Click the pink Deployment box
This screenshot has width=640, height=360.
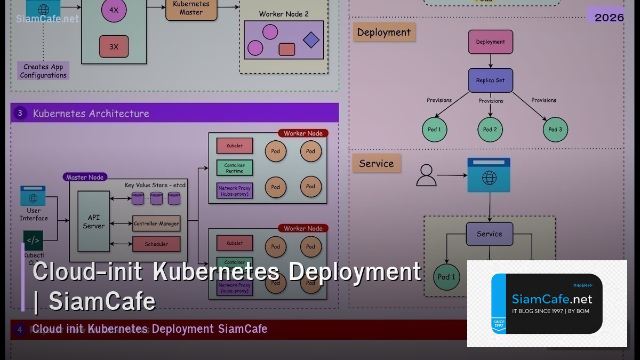tap(490, 42)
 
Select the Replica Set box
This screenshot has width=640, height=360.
tap(490, 81)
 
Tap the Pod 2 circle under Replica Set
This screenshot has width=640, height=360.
tap(490, 130)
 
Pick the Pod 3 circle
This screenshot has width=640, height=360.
tap(555, 130)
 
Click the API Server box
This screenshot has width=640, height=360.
tap(93, 221)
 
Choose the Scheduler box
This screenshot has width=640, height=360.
tap(156, 244)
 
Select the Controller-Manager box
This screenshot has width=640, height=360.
tap(156, 223)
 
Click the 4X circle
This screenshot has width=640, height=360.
tap(114, 10)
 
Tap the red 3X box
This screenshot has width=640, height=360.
tap(114, 46)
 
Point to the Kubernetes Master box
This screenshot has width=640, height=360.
tap(191, 9)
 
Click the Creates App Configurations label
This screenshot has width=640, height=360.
tap(43, 71)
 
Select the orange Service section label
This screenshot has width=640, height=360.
tap(376, 164)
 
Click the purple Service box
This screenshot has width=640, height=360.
tap(489, 234)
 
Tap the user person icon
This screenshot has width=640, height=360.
tap(426, 175)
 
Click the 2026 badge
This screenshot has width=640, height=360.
tap(609, 17)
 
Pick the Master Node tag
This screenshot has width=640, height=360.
tap(85, 177)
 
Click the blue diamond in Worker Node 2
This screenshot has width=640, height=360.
tap(311, 40)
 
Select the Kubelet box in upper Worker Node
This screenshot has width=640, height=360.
tap(235, 145)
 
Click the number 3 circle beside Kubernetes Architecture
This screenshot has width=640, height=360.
tap(20, 113)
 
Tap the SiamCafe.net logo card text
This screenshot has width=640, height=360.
tap(552, 299)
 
